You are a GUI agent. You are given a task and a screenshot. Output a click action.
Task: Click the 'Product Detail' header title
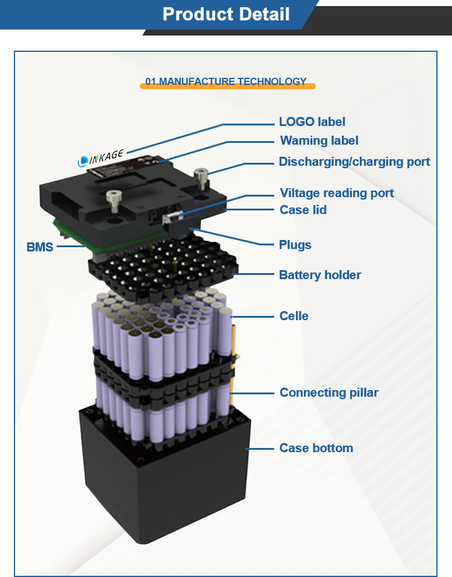tap(226, 14)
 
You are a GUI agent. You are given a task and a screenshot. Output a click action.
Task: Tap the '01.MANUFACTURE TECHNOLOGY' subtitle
tap(226, 82)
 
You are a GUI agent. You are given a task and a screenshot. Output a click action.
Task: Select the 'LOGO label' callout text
tap(312, 122)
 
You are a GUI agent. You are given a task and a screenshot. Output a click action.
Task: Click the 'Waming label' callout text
tap(319, 140)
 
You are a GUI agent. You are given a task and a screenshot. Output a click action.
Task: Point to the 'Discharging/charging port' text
tap(354, 162)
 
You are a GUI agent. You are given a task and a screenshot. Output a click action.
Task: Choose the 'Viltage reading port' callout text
tap(336, 193)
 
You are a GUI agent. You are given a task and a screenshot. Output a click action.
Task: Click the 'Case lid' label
tap(303, 210)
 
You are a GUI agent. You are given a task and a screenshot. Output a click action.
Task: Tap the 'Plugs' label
tap(295, 245)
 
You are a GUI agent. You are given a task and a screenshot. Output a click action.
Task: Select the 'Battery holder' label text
tap(319, 275)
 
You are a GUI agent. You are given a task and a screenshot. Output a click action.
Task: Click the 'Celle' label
tap(293, 316)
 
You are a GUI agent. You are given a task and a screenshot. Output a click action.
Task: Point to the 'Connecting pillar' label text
tap(328, 393)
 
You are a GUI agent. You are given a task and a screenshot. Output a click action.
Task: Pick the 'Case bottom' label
tap(316, 448)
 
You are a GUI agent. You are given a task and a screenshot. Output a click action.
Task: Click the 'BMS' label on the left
tap(40, 247)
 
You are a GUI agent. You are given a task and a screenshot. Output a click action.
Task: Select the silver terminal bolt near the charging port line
tap(201, 178)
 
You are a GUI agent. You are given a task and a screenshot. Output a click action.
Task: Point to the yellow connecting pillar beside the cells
tap(233, 356)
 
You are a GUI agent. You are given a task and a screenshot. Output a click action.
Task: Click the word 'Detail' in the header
tap(260, 14)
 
